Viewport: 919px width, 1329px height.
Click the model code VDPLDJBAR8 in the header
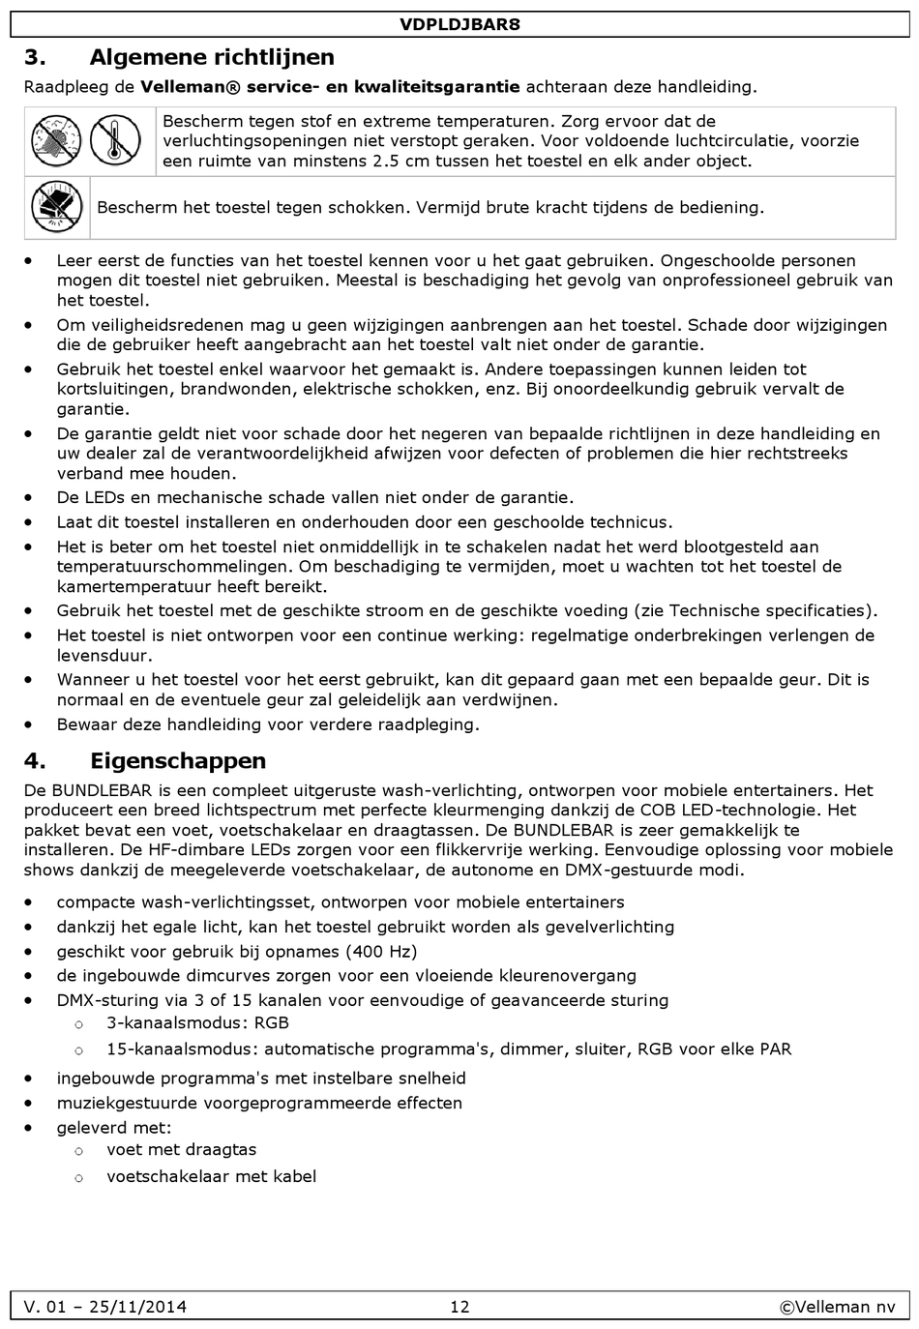(459, 24)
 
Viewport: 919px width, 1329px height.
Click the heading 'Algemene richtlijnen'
(212, 57)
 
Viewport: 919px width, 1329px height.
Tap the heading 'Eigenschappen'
(178, 760)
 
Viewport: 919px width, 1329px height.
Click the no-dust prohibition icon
(55, 140)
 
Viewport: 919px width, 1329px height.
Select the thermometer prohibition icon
(116, 140)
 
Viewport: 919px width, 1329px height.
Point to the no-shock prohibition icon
(57, 207)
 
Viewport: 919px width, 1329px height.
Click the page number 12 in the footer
(459, 1307)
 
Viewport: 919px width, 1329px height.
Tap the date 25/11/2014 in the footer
(137, 1307)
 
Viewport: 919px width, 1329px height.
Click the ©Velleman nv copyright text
(838, 1307)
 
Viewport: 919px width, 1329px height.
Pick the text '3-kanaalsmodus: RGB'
(197, 1022)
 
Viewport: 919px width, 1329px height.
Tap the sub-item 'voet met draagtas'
(182, 1149)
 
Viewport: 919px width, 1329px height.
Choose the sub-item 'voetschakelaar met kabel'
(212, 1176)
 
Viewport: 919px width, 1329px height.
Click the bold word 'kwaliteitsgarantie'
(437, 86)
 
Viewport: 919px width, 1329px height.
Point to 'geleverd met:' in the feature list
(114, 1127)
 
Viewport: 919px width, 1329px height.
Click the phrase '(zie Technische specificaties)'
(756, 610)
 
